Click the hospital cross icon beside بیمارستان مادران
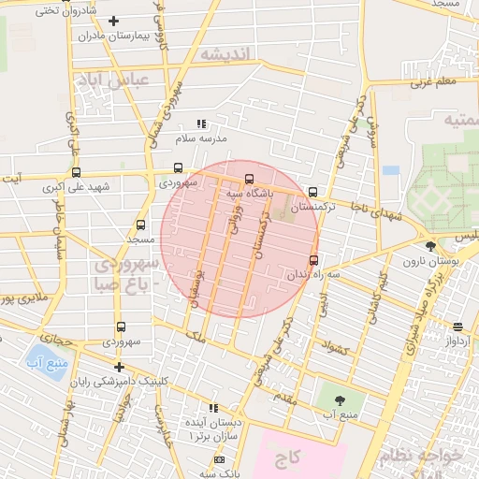(114, 21)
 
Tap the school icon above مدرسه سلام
(200, 123)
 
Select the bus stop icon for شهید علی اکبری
(76, 172)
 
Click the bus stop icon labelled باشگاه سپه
(249, 179)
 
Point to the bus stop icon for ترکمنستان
(312, 192)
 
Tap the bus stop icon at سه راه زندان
(312, 260)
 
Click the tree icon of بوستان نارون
(429, 245)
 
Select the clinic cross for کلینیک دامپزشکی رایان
(118, 367)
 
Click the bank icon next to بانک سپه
(219, 460)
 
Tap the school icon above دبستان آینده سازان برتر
(214, 408)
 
